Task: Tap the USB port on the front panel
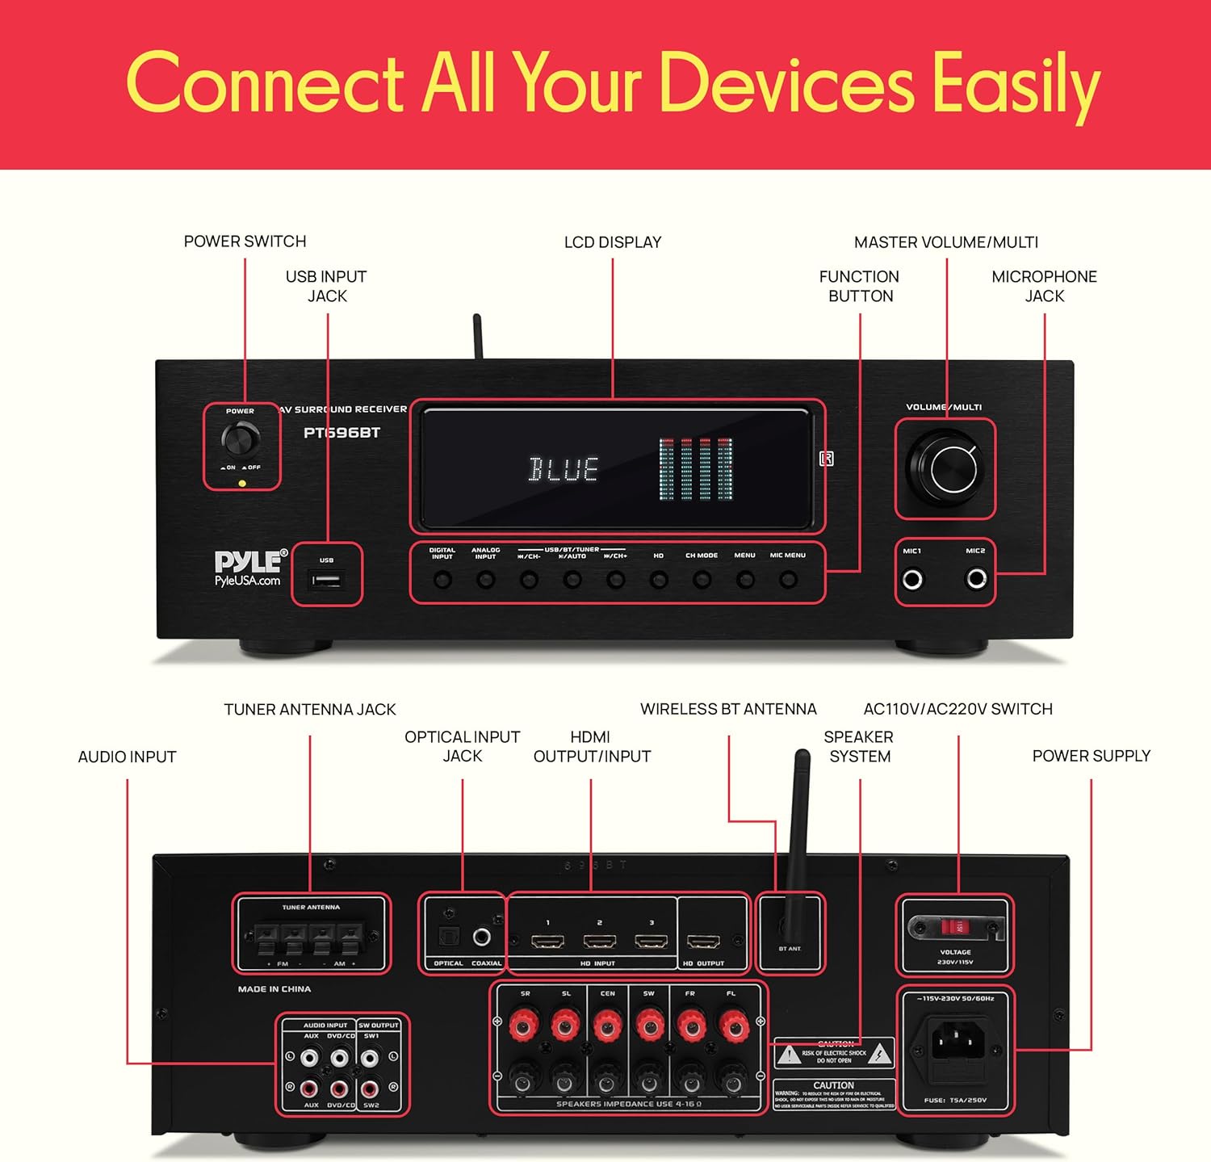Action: coord(326,580)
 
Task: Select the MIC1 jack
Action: coord(913,579)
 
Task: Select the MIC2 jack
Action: coord(976,579)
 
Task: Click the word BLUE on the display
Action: coord(563,469)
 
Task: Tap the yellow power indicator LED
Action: coord(242,484)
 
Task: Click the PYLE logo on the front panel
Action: coord(249,561)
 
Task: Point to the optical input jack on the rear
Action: coord(448,937)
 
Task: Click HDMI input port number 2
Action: coord(599,942)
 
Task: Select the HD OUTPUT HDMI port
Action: coord(702,942)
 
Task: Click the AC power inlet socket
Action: coord(956,1042)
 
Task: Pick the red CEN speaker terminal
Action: coord(607,1026)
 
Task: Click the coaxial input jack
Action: coord(482,937)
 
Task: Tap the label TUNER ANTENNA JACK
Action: coord(310,710)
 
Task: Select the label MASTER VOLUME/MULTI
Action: coord(946,242)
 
